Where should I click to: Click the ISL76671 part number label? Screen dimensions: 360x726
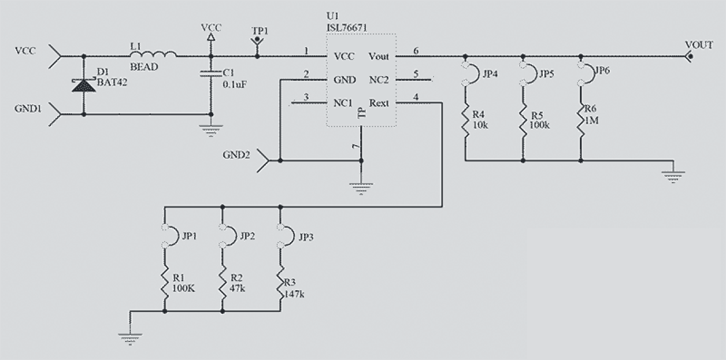pos(347,27)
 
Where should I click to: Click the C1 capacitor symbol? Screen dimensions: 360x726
pos(210,73)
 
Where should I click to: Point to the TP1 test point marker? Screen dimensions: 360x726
pos(257,43)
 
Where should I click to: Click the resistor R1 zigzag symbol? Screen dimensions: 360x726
pos(165,283)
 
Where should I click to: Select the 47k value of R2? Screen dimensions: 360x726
pos(237,288)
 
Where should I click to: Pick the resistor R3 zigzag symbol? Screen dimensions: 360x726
pos(280,283)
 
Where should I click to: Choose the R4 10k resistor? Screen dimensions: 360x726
pos(465,120)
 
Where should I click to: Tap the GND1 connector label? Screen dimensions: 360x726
pos(27,108)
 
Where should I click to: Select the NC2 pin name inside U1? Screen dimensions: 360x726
pos(379,80)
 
